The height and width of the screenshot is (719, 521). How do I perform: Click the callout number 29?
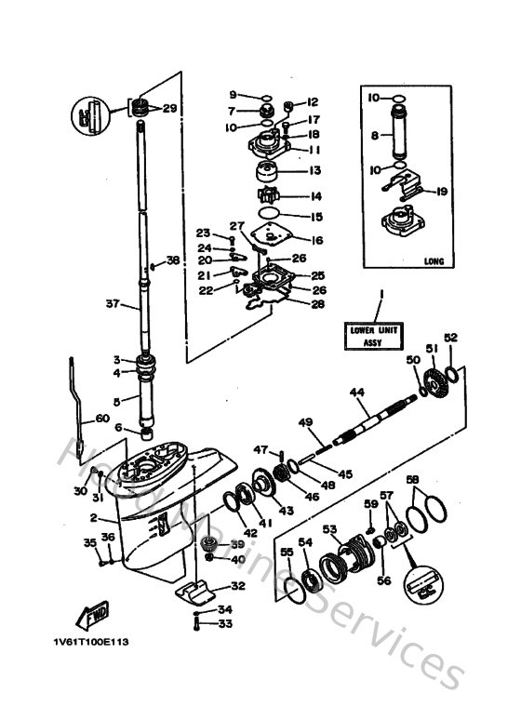click(x=169, y=109)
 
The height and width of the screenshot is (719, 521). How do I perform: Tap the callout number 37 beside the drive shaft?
click(x=114, y=303)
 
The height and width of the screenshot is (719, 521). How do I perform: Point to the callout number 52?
click(x=451, y=338)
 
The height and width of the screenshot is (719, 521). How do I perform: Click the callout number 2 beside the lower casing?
click(x=93, y=517)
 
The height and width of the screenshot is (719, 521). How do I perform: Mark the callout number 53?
click(x=329, y=529)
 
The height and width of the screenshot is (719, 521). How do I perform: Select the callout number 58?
click(x=412, y=481)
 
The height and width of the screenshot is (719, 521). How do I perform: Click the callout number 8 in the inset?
click(x=375, y=135)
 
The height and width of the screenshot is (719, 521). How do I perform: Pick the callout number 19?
click(x=441, y=192)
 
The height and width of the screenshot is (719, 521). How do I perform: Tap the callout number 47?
click(x=261, y=449)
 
